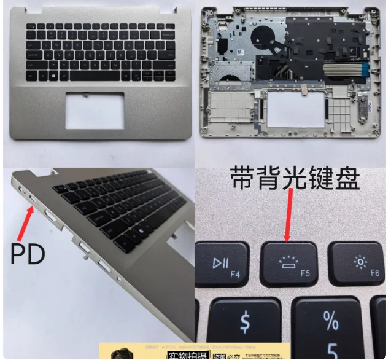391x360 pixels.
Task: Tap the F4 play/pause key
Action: (x=222, y=264)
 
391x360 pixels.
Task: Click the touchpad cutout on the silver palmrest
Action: (x=94, y=109)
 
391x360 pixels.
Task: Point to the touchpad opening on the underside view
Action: (x=295, y=109)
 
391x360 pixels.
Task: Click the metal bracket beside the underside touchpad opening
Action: (x=362, y=111)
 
